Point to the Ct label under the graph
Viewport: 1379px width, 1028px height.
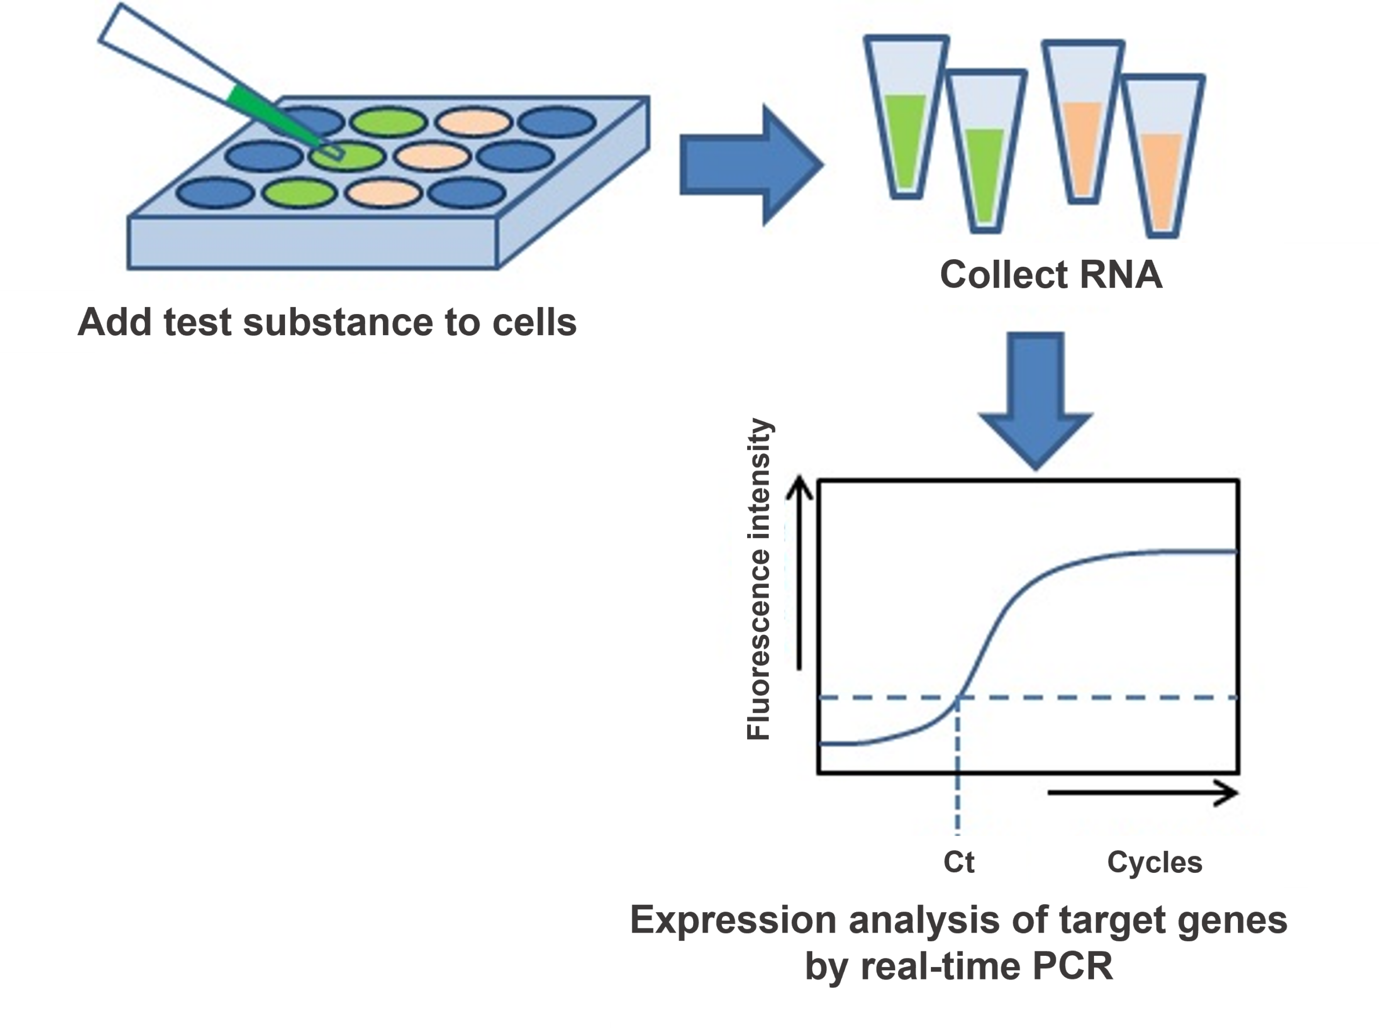(958, 863)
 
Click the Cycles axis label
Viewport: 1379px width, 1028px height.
(1154, 863)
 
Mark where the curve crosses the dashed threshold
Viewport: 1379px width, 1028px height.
(958, 698)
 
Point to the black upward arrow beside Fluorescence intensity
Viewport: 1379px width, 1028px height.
(799, 573)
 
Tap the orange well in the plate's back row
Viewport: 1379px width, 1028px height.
(473, 121)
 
